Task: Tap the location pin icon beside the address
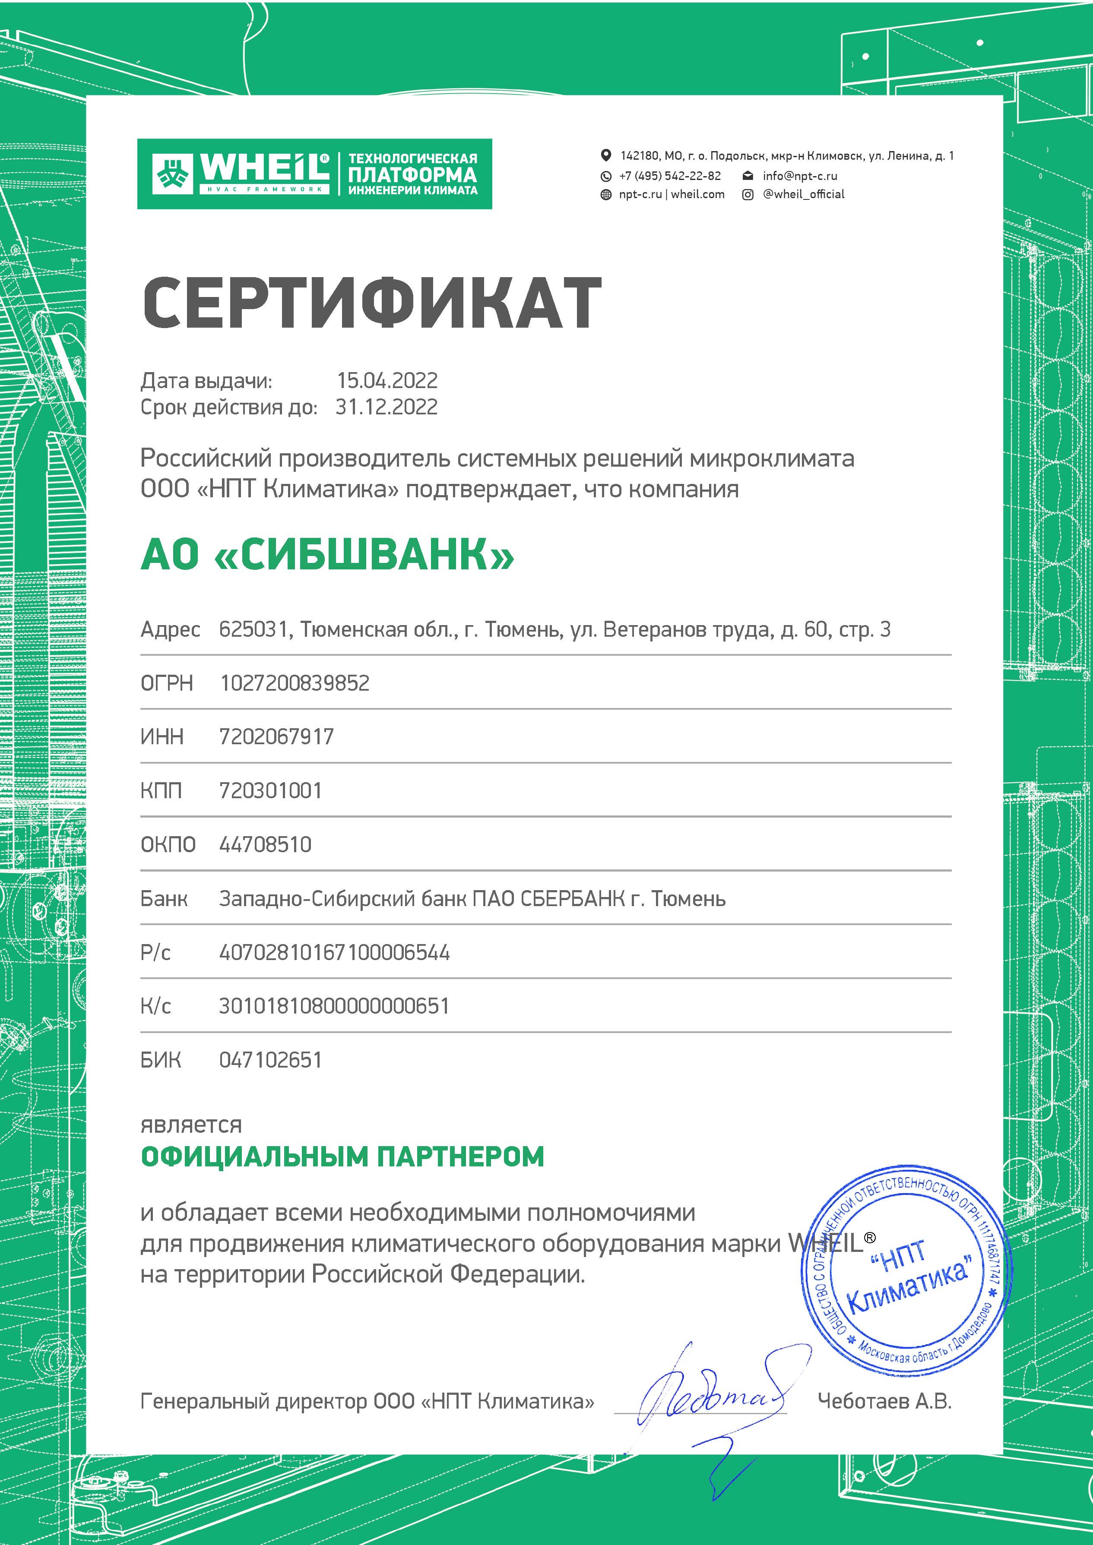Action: click(x=606, y=155)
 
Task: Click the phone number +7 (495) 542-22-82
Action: click(x=670, y=176)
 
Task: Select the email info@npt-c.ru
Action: click(x=799, y=176)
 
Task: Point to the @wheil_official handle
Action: click(x=803, y=194)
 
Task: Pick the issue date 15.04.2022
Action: click(x=387, y=380)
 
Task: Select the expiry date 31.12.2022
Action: click(x=387, y=407)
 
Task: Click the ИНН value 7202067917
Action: click(x=277, y=737)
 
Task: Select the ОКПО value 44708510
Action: click(x=265, y=844)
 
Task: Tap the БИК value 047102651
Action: click(x=271, y=1060)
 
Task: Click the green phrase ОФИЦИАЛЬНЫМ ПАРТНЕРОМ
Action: click(x=342, y=1156)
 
